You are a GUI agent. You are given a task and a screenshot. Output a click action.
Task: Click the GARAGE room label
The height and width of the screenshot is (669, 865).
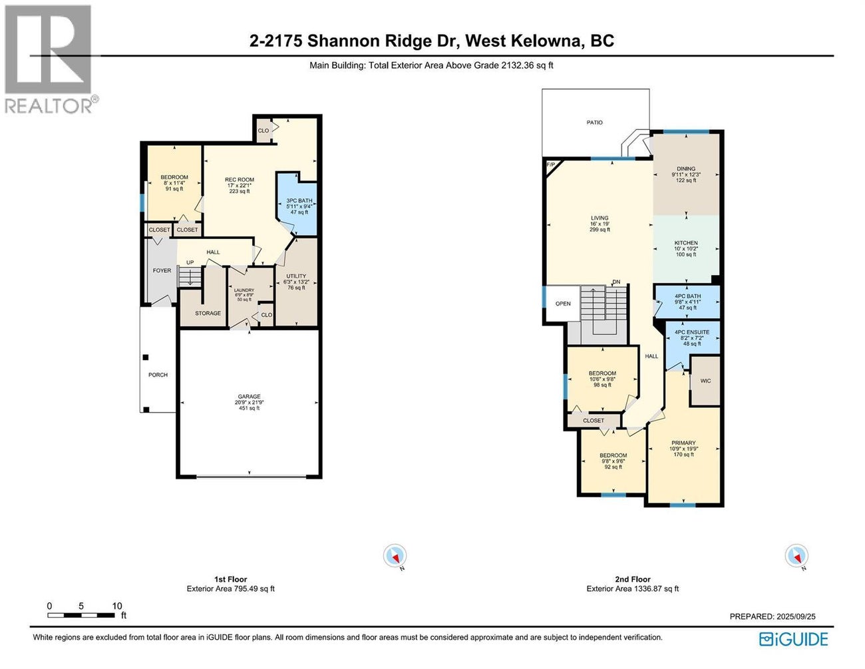[250, 397]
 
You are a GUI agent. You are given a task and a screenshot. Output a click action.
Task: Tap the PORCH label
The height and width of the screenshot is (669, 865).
[158, 375]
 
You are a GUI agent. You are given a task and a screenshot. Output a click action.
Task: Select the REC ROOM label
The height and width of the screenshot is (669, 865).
[239, 180]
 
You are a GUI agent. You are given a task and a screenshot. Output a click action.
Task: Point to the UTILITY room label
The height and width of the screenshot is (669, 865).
[296, 276]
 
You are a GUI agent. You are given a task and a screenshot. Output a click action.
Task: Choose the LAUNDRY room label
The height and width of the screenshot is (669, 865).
[244, 291]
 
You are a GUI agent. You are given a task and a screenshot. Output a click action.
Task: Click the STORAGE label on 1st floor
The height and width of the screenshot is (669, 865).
[208, 313]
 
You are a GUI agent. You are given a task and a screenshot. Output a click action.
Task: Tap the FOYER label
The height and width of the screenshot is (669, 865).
[162, 270]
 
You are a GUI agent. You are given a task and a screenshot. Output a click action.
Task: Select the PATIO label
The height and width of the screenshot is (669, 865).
[594, 122]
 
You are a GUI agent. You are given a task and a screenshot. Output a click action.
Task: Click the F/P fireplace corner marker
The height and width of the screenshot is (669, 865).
[550, 164]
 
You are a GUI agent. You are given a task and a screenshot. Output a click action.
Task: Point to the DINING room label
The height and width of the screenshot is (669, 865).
[685, 169]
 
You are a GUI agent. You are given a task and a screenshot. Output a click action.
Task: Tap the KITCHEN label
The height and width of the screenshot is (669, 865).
[685, 243]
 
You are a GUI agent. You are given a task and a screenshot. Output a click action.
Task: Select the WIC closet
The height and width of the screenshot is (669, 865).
[705, 381]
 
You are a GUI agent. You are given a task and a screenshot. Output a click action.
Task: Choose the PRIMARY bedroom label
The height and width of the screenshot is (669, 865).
[683, 443]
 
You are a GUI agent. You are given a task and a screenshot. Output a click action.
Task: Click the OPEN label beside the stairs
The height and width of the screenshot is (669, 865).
[563, 304]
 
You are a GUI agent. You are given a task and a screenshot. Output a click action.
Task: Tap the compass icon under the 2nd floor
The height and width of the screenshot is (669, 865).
[796, 555]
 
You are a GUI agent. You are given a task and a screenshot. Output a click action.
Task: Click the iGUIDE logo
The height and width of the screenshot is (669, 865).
[793, 639]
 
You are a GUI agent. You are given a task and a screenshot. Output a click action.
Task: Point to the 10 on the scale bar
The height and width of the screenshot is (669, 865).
[117, 606]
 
